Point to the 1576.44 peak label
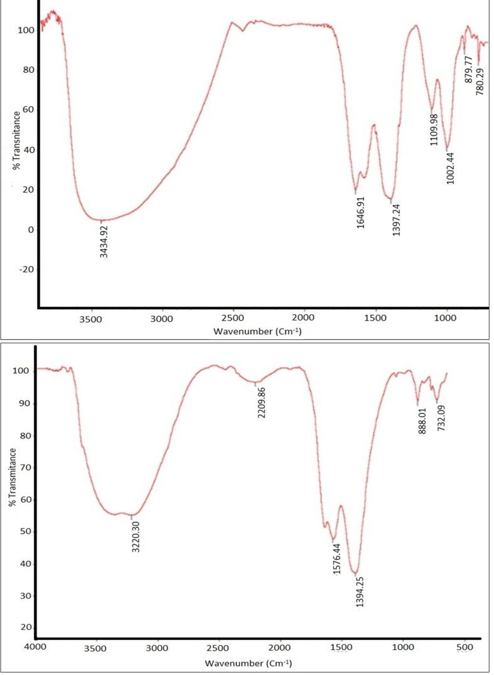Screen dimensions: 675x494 click(x=337, y=558)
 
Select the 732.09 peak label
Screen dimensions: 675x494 click(x=441, y=418)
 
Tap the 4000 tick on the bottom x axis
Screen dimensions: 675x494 click(x=36, y=647)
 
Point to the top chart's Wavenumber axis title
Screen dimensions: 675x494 click(x=257, y=331)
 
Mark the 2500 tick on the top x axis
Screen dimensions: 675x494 click(x=233, y=318)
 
